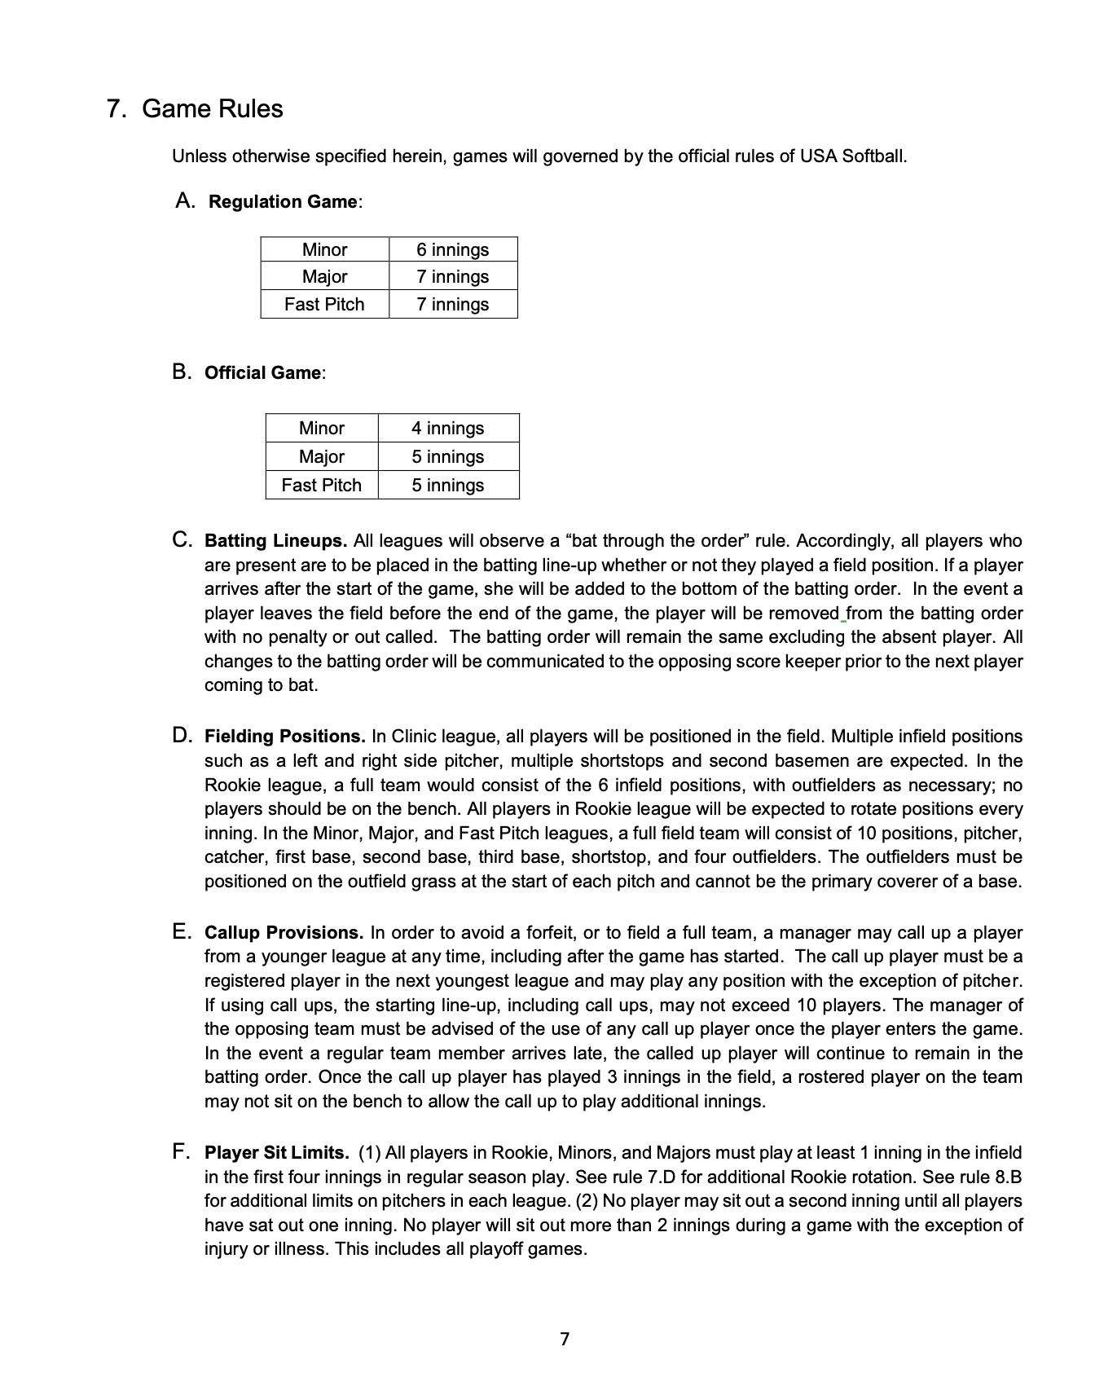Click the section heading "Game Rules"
(x=212, y=109)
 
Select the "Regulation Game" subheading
(x=282, y=202)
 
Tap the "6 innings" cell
(x=452, y=249)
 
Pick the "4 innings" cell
(x=447, y=428)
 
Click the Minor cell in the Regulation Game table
(x=324, y=249)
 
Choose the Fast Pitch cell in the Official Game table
(x=321, y=485)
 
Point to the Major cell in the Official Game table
(x=321, y=456)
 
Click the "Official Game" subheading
(x=262, y=373)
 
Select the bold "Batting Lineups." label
(x=275, y=541)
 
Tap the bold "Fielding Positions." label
(x=284, y=737)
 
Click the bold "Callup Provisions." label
(x=284, y=933)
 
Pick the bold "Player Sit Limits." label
(x=276, y=1153)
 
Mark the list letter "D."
(x=182, y=736)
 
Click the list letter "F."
(x=182, y=1152)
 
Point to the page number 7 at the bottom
(x=565, y=1339)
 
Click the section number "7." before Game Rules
(x=117, y=109)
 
